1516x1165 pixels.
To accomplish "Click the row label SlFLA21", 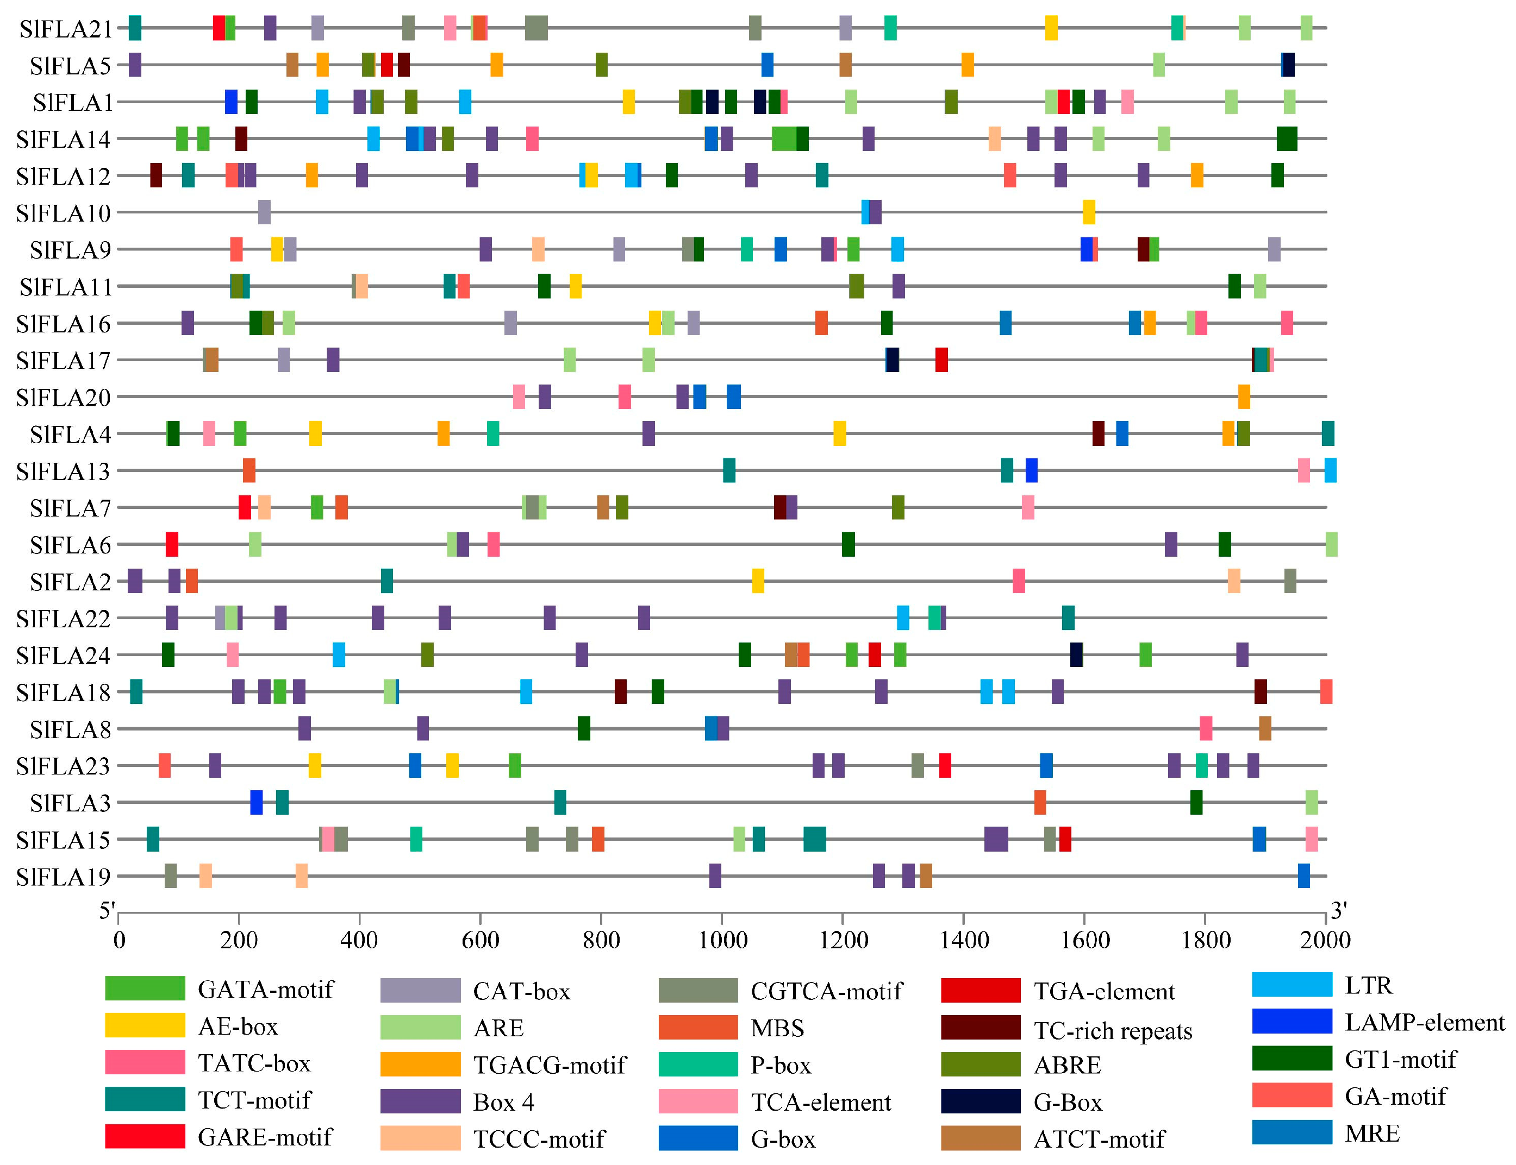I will (x=65, y=29).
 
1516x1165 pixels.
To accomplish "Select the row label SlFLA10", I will (x=63, y=213).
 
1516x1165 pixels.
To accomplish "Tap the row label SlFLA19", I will (x=63, y=878).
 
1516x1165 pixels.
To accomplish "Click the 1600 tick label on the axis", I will (x=1084, y=941).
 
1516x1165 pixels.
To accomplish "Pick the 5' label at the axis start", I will (x=107, y=910).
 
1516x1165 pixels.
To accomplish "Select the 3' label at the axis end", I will (x=1338, y=910).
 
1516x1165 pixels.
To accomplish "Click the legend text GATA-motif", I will (x=265, y=990).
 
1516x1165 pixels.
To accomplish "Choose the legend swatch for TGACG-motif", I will (x=420, y=1065).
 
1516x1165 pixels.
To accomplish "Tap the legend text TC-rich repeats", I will (x=1112, y=1031).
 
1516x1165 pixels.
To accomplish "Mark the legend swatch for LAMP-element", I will (x=1291, y=1022).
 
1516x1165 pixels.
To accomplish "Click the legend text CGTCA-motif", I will (x=826, y=992).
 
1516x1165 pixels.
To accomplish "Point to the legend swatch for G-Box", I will (x=980, y=1102).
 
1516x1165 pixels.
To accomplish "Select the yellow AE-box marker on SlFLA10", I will (x=1089, y=212).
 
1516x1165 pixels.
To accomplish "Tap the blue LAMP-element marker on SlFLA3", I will (x=256, y=803).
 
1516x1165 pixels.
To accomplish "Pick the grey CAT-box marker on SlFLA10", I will (x=264, y=212).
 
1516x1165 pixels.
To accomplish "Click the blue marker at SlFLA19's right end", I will (x=1303, y=877).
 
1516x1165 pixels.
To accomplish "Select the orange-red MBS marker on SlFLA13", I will (x=248, y=471).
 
